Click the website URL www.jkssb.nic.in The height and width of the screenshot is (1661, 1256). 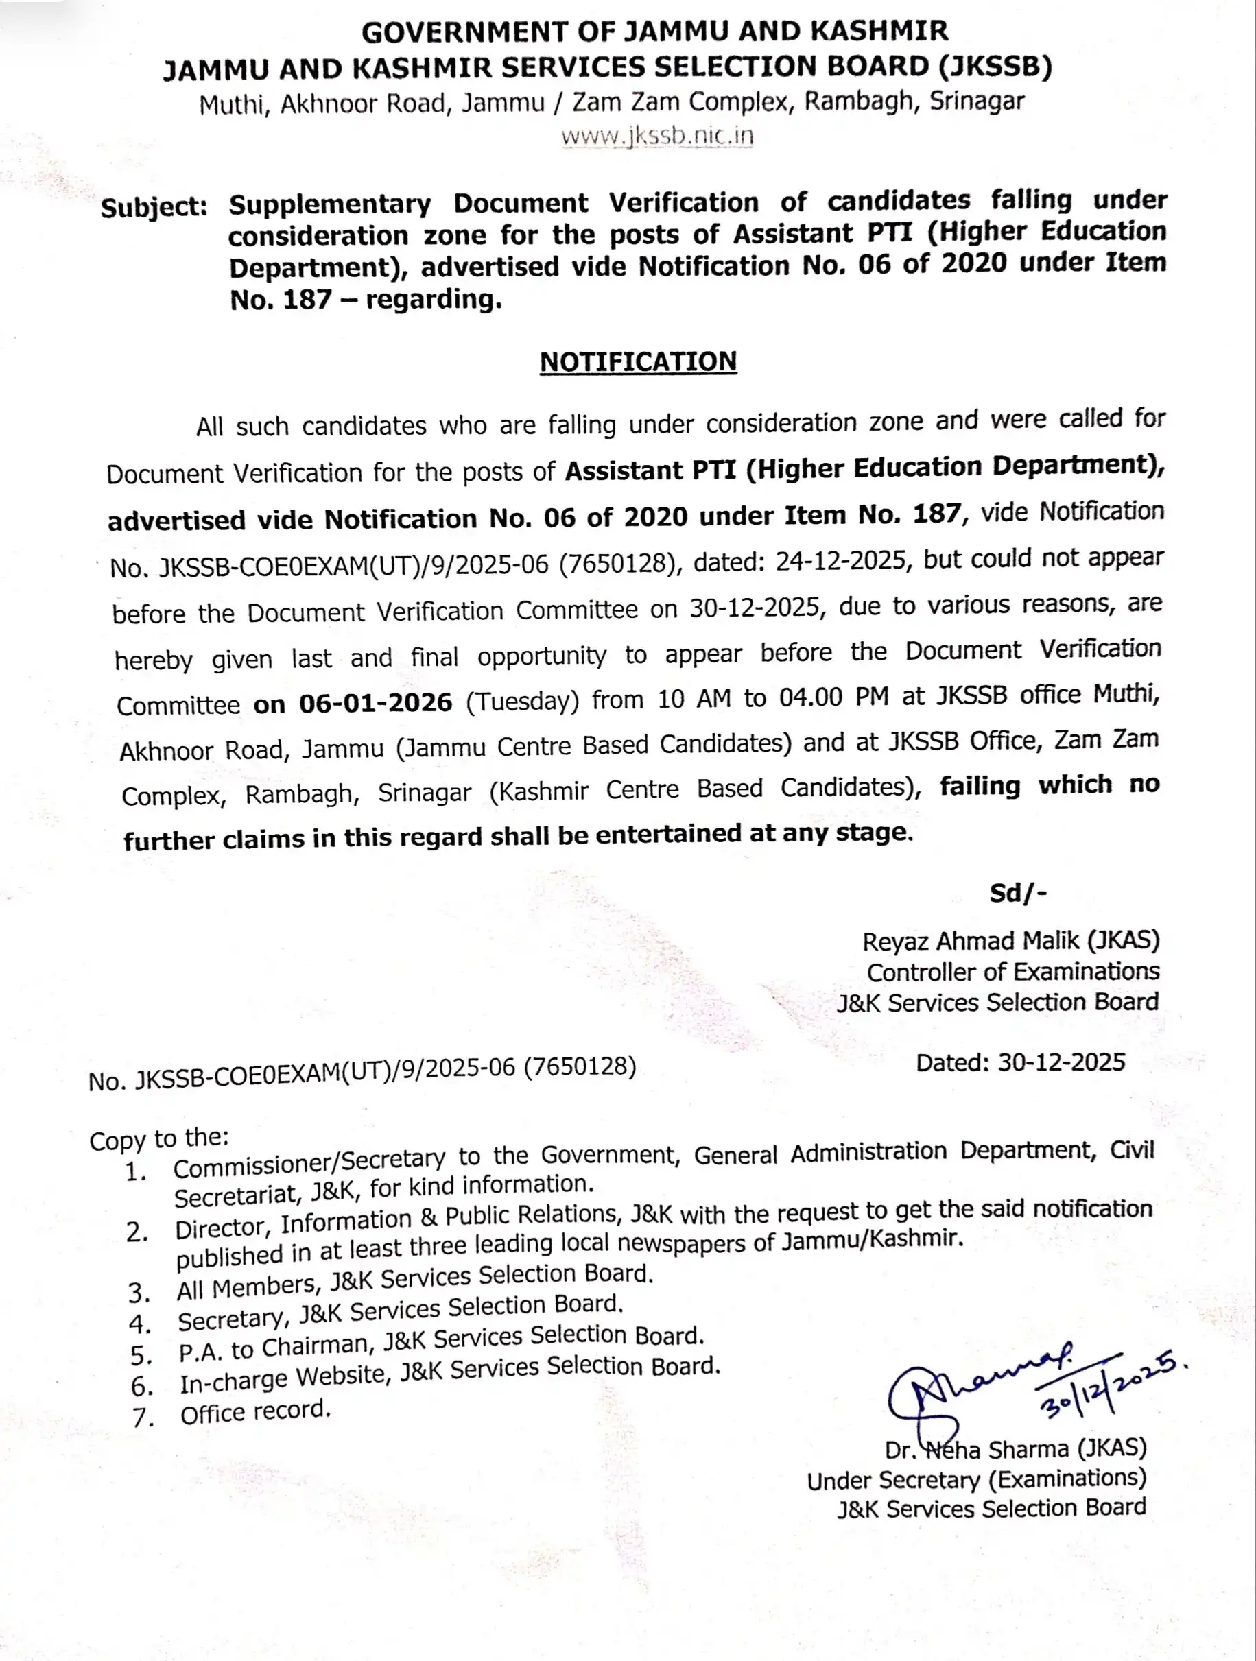(656, 136)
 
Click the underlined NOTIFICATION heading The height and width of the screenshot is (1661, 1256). (638, 362)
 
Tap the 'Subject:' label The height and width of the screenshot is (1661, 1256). (154, 207)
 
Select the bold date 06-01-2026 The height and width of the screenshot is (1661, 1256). (376, 703)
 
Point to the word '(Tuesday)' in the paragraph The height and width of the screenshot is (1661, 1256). (522, 702)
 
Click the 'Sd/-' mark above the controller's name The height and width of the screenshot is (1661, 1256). (1018, 893)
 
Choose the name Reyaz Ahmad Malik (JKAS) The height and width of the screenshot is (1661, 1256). (1010, 941)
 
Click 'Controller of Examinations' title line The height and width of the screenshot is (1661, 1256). (1012, 972)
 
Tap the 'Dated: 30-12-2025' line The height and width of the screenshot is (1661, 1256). (1020, 1062)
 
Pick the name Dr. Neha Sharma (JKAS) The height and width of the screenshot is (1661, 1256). (1016, 1448)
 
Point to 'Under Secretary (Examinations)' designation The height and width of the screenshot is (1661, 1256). (977, 1479)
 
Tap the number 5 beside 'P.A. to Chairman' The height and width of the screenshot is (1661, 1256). (141, 1355)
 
